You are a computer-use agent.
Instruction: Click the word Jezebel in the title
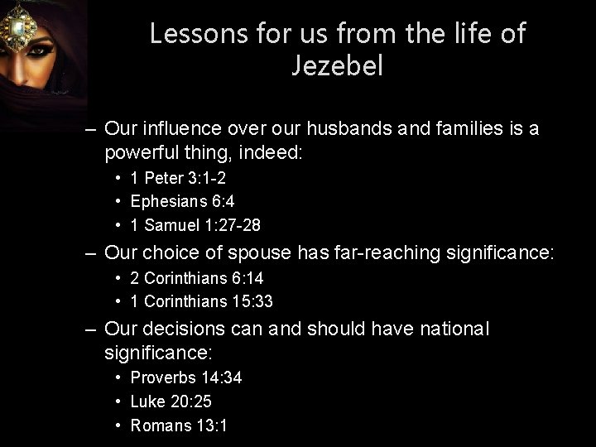click(x=337, y=65)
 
